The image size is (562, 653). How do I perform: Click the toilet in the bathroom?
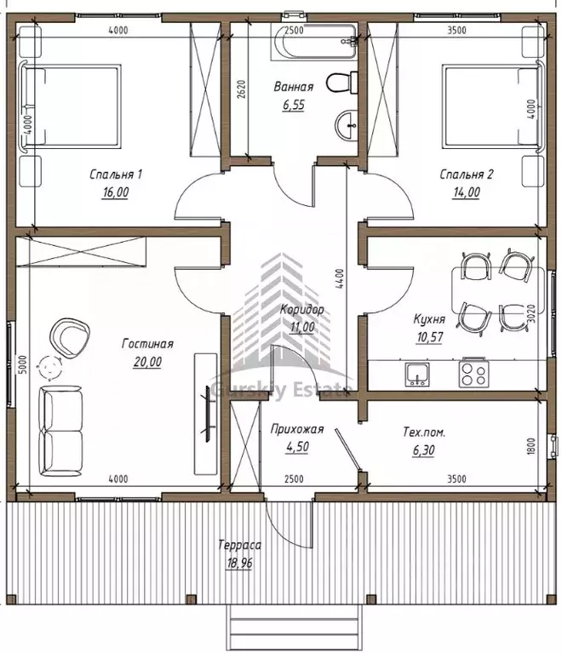(x=341, y=82)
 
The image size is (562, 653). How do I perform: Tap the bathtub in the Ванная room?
(x=314, y=42)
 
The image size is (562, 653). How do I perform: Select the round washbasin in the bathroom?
(x=347, y=125)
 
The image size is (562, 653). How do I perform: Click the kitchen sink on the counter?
(x=417, y=374)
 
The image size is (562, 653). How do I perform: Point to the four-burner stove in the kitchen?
(x=473, y=373)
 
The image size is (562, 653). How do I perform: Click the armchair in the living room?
(x=69, y=337)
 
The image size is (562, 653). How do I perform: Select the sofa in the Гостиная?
(x=60, y=431)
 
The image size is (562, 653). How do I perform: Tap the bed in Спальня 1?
(x=70, y=106)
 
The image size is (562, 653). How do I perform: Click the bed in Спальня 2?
(x=494, y=106)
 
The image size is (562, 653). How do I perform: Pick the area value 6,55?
(x=294, y=105)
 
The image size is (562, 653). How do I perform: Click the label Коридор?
(x=301, y=309)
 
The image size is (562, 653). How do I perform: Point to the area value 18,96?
(x=239, y=563)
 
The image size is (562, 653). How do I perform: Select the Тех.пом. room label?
(x=424, y=432)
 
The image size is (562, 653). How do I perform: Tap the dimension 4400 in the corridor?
(x=340, y=279)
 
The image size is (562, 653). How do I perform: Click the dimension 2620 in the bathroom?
(x=241, y=89)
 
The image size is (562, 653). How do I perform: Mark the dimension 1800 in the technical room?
(x=530, y=445)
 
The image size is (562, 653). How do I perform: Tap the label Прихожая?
(x=297, y=429)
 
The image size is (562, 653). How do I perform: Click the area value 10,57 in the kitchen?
(x=429, y=337)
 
